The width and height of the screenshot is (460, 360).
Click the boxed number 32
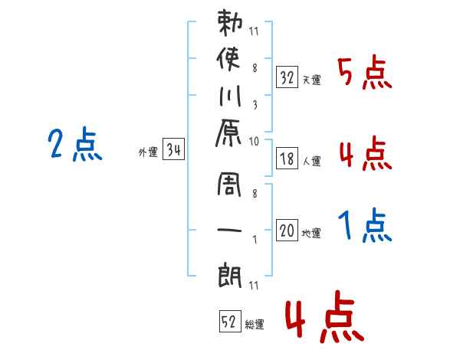pos(287,77)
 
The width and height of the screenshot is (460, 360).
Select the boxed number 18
pos(287,159)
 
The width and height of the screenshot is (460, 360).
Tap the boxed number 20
pos(287,230)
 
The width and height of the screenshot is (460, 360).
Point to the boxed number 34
pos(173,149)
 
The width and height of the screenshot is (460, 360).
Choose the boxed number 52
pos(230,321)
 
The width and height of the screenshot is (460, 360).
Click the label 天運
pos(312,80)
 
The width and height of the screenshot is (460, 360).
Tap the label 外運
pos(148,152)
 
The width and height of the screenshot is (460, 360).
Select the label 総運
pos(255,325)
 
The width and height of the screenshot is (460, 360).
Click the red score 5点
pos(365,72)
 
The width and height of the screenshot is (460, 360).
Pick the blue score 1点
pos(365,225)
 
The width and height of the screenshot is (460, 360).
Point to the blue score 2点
pos(75,144)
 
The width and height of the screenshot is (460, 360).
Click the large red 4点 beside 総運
pos(325,316)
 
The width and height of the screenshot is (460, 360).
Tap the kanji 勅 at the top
pos(230,23)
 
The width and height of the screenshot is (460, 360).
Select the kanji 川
pos(230,96)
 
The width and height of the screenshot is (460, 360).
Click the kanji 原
pos(228,133)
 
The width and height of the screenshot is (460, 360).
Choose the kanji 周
pos(229,185)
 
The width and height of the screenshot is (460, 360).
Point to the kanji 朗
pos(230,275)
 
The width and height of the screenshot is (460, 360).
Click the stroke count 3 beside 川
pos(255,105)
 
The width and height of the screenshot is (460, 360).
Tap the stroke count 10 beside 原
pos(254,141)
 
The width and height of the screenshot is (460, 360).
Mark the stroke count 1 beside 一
pos(255,240)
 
